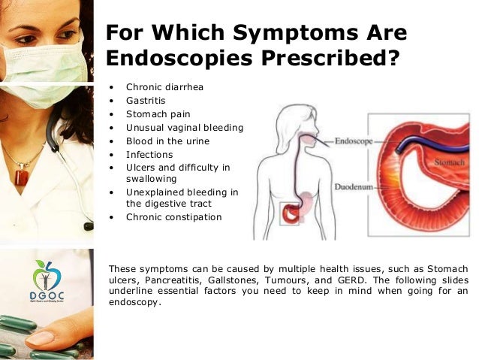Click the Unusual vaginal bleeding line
pos(184,127)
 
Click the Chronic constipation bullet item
pos(173,217)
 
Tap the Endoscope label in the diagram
pos(351,140)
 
